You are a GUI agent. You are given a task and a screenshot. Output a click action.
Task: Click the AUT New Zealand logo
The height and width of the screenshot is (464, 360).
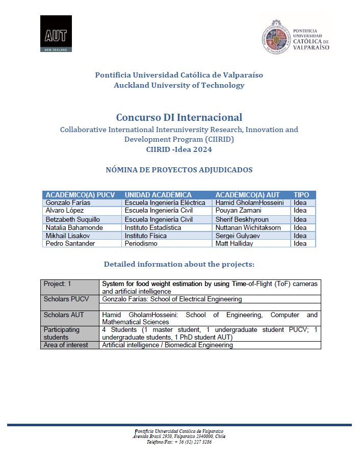click(x=56, y=34)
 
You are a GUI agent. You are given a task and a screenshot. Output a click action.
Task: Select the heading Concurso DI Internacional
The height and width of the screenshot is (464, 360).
click(x=179, y=117)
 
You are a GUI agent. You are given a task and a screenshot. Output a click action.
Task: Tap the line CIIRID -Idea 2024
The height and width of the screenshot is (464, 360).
click(x=179, y=149)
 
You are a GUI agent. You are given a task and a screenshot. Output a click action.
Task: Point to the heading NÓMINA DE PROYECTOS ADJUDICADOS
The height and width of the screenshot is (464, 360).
click(x=179, y=170)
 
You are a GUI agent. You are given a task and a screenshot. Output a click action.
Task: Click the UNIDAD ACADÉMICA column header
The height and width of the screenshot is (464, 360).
click(x=158, y=195)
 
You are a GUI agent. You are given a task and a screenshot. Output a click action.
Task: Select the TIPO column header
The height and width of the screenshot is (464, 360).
click(x=301, y=195)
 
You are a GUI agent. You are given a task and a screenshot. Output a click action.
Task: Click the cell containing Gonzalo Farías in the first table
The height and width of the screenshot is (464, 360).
click(x=68, y=202)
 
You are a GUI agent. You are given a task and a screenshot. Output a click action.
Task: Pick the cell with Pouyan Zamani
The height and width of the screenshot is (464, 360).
click(x=238, y=211)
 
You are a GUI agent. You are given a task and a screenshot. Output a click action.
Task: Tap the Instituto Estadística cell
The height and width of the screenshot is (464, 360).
click(x=153, y=227)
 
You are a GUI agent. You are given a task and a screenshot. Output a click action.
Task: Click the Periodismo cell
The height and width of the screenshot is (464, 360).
click(x=141, y=244)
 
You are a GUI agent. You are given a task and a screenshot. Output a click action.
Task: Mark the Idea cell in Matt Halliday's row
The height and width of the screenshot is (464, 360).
click(x=300, y=244)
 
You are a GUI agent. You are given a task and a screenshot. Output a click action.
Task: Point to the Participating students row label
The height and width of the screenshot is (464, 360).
click(x=62, y=333)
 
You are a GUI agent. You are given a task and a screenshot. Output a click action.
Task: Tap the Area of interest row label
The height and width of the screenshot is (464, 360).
click(x=66, y=345)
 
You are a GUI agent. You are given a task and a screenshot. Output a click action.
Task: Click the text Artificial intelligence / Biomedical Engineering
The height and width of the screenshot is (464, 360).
click(x=167, y=345)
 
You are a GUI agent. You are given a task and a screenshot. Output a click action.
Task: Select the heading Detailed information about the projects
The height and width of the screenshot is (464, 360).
click(x=179, y=264)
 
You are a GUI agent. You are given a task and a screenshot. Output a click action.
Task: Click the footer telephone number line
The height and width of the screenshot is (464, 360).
click(x=179, y=442)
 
